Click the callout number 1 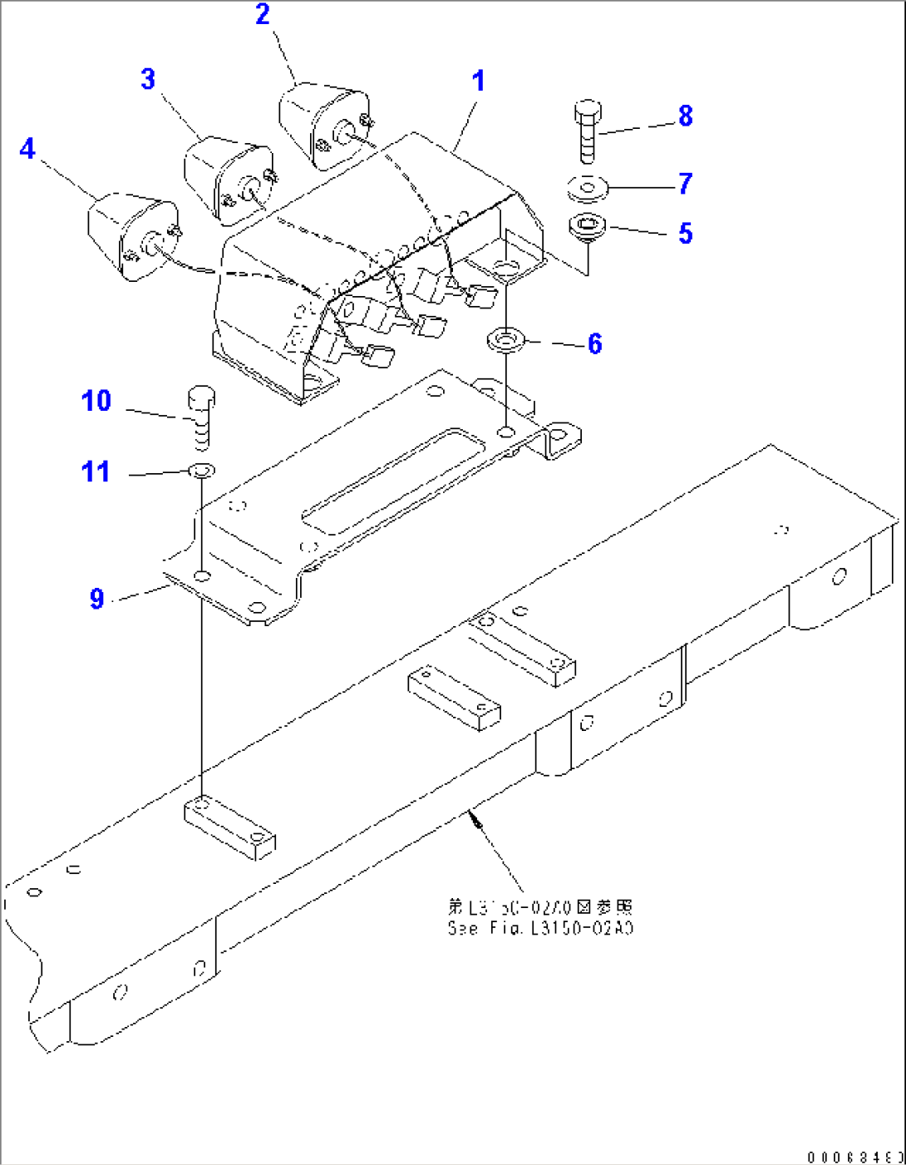(x=478, y=81)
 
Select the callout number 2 (x=263, y=15)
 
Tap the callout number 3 (x=148, y=80)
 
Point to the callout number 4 (x=27, y=150)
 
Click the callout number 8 (x=685, y=116)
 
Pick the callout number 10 (x=96, y=402)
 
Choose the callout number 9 (x=97, y=599)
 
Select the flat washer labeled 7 (x=588, y=189)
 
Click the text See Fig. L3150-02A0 (x=540, y=929)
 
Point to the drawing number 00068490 (x=854, y=1157)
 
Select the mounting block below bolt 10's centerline (x=229, y=828)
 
